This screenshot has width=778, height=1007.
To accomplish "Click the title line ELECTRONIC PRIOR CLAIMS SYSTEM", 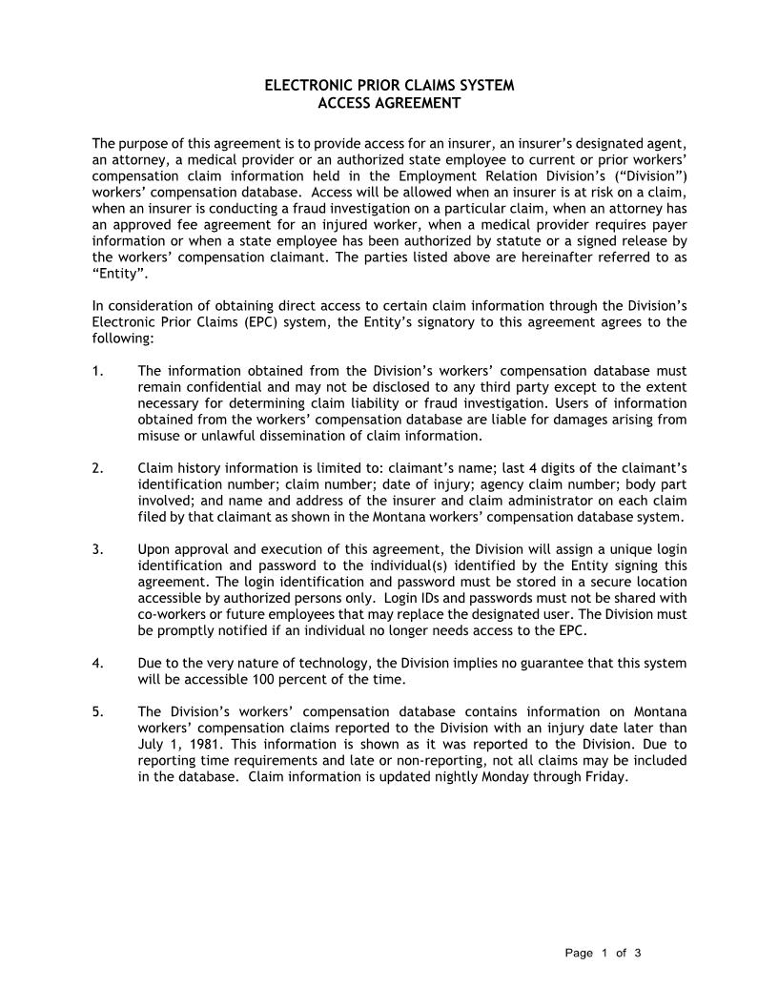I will point(389,86).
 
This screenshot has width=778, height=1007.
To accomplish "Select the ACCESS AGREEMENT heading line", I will point(389,102).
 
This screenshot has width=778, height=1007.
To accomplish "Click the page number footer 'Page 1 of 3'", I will point(603,953).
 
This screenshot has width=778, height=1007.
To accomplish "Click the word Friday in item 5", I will point(605,776).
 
